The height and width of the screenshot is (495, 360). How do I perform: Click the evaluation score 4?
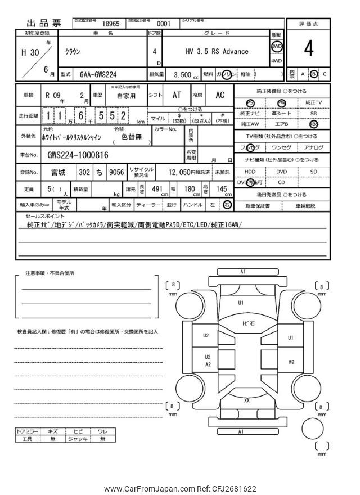[x=309, y=49]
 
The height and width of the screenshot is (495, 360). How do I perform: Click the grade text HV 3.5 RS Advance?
[x=217, y=51]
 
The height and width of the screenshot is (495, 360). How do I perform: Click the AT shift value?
[x=176, y=95]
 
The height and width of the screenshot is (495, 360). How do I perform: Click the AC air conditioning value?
[x=220, y=95]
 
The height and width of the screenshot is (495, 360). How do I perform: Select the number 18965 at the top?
[x=111, y=25]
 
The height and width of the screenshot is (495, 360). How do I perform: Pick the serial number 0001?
[x=163, y=25]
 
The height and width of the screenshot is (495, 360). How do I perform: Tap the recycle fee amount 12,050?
[x=181, y=172]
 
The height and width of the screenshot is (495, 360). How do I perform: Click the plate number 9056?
[x=116, y=172]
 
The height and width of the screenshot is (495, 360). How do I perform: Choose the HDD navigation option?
[x=250, y=172]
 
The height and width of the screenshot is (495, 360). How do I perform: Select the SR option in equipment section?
[x=313, y=113]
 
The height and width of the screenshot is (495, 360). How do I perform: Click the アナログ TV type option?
[x=313, y=147]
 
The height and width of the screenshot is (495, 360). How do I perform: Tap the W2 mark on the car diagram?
[x=291, y=362]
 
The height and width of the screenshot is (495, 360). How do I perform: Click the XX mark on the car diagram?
[x=246, y=400]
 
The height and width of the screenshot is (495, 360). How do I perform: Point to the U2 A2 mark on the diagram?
[x=207, y=361]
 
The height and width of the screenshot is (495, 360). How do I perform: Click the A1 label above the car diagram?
[x=242, y=272]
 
